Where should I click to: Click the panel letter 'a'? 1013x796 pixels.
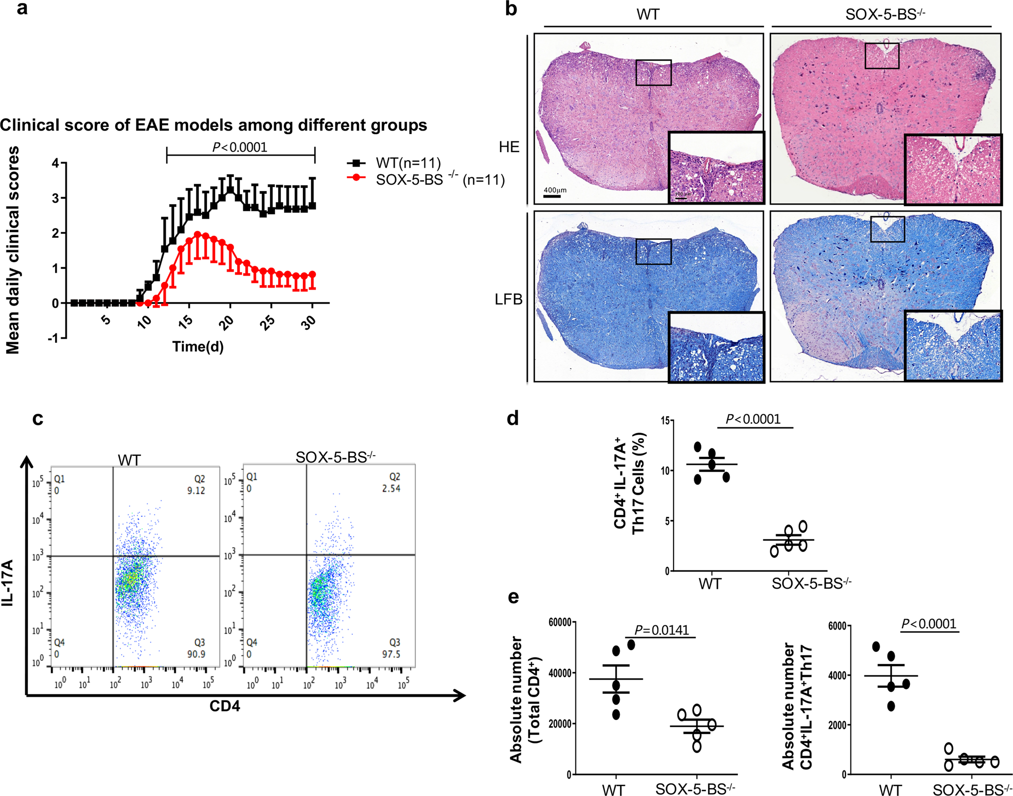[21, 9]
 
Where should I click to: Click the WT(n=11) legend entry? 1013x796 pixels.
[407, 163]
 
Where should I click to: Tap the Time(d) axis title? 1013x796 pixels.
[197, 346]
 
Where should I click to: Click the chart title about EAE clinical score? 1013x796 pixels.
[213, 125]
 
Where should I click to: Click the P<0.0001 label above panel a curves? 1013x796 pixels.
[240, 147]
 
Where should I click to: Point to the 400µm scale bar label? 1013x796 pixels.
[555, 190]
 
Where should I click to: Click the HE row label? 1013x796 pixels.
[509, 147]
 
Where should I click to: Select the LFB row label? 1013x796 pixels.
[508, 299]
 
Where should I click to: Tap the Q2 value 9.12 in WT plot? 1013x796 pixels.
[196, 490]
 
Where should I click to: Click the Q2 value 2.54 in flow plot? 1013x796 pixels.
[391, 488]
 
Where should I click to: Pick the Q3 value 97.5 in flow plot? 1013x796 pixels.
[391, 654]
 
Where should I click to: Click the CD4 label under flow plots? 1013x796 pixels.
[224, 706]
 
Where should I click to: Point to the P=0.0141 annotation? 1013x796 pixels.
[661, 630]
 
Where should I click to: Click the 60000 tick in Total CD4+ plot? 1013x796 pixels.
[559, 622]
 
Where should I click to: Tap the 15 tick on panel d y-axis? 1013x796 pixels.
[665, 421]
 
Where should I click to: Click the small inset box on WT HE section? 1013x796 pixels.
[653, 73]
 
